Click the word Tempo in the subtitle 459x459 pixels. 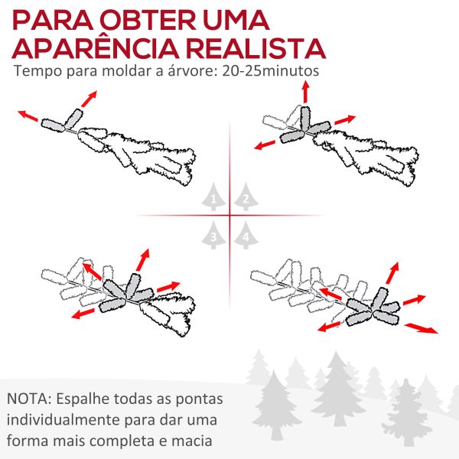pyautogui.click(x=36, y=72)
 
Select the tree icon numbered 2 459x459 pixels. pyautogui.click(x=245, y=197)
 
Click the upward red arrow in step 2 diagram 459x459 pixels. pyautogui.click(x=304, y=91)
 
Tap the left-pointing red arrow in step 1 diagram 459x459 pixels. pyautogui.click(x=28, y=116)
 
